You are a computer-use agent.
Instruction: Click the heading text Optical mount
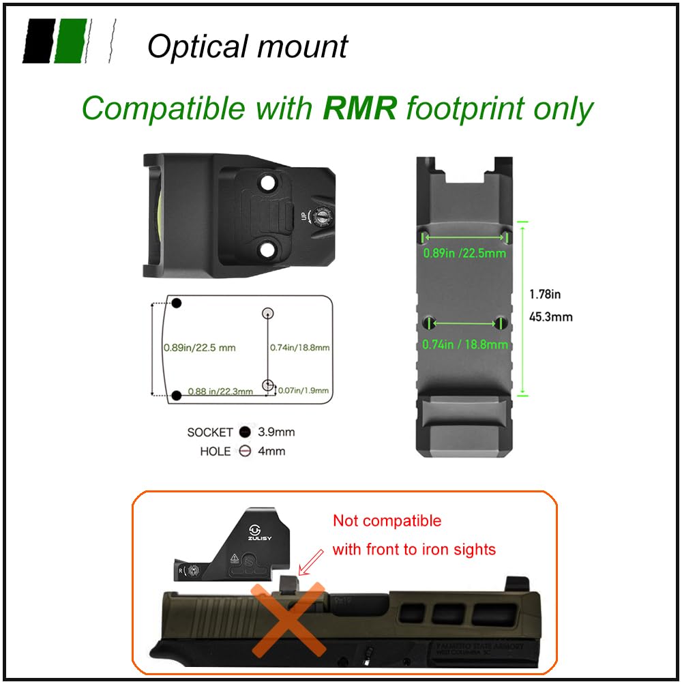[247, 46]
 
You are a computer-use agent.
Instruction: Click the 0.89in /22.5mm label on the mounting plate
[464, 252]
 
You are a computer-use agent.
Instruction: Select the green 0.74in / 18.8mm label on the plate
[465, 344]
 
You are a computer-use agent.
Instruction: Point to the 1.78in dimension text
[545, 295]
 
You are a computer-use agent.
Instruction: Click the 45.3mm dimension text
[550, 316]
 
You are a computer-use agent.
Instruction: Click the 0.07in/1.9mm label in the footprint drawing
[304, 391]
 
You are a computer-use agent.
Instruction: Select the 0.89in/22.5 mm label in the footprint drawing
[199, 348]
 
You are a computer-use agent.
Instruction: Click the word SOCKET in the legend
[210, 432]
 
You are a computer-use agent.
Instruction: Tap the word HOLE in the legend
[215, 451]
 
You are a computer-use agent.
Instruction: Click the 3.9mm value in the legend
[276, 432]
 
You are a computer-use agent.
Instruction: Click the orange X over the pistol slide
[287, 617]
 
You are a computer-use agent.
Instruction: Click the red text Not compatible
[387, 521]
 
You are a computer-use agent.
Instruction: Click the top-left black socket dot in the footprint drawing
[176, 303]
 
